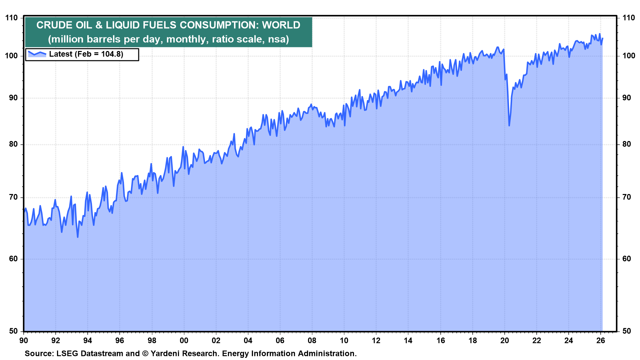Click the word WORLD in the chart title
pyautogui.click(x=281, y=25)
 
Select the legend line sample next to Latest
pyautogui.click(x=37, y=53)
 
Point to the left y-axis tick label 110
pyautogui.click(x=11, y=18)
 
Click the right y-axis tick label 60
pyautogui.click(x=627, y=259)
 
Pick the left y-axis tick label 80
pyautogui.click(x=13, y=144)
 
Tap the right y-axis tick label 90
pyautogui.click(x=627, y=98)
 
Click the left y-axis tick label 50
pyautogui.click(x=13, y=331)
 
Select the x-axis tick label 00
pyautogui.click(x=184, y=340)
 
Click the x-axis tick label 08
pyautogui.click(x=312, y=340)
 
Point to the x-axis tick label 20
pyautogui.click(x=505, y=340)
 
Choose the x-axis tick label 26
pyautogui.click(x=601, y=340)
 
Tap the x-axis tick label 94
pyautogui.click(x=87, y=340)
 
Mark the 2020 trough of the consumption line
pyautogui.click(x=509, y=125)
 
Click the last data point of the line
pyautogui.click(x=603, y=38)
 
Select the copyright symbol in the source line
pyautogui.click(x=145, y=354)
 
